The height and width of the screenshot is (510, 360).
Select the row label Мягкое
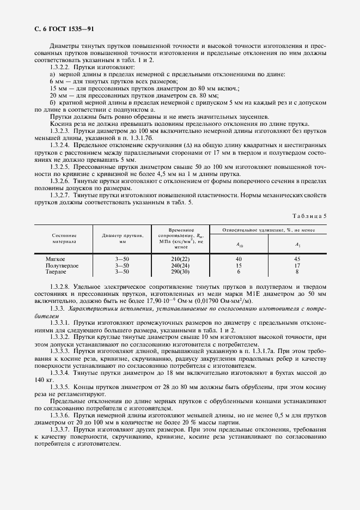[56, 259]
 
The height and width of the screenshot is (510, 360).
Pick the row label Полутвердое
[62, 265]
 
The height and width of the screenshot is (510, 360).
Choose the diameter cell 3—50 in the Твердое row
[122, 271]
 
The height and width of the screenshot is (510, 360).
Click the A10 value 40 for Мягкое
[239, 259]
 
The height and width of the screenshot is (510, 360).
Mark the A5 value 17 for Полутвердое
[297, 265]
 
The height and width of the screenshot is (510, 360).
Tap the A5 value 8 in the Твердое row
[297, 271]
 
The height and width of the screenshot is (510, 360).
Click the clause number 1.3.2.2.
[60, 66]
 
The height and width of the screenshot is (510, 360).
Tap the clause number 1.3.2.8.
[60, 286]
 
